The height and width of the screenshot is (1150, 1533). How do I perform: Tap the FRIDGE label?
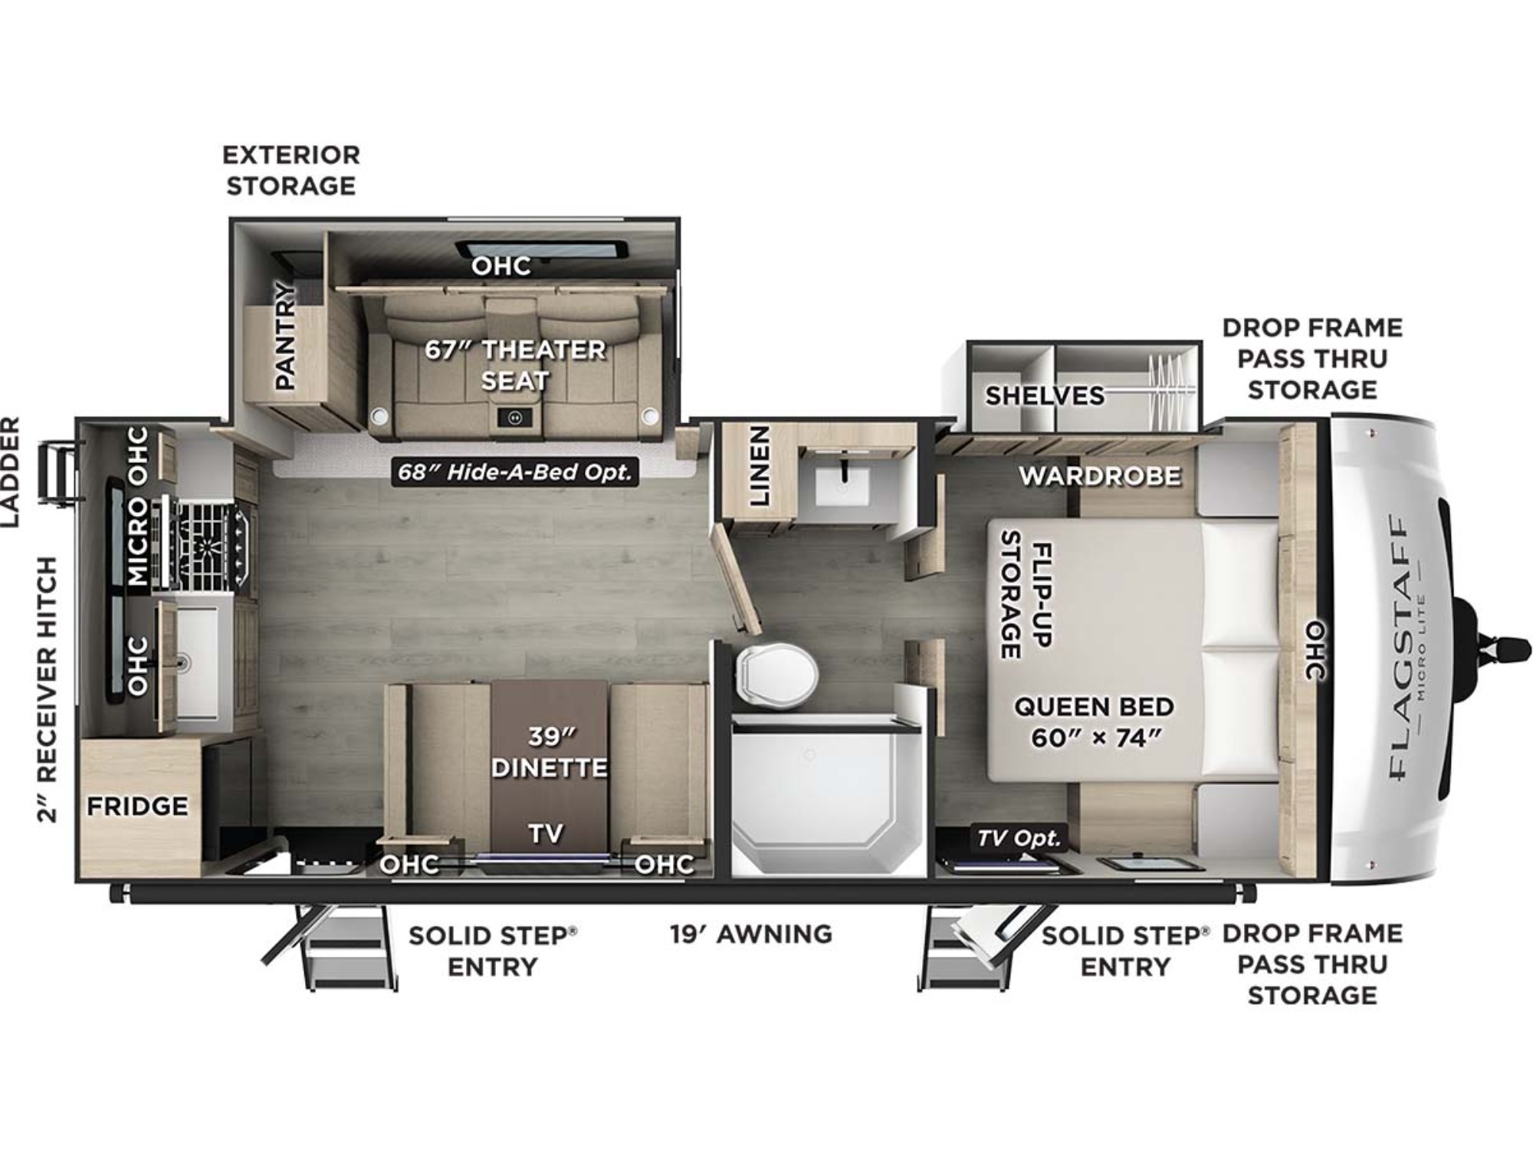pyautogui.click(x=137, y=806)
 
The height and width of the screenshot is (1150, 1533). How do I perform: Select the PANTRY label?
pyautogui.click(x=284, y=335)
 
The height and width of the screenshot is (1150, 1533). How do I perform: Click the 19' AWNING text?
pyautogui.click(x=751, y=934)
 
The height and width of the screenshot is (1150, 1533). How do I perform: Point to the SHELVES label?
pyautogui.click(x=1045, y=396)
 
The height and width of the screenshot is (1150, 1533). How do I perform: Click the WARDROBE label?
pyautogui.click(x=1100, y=476)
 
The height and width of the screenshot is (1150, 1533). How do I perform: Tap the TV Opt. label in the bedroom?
pyautogui.click(x=1019, y=837)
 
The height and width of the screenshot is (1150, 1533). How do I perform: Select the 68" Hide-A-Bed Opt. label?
pyautogui.click(x=515, y=472)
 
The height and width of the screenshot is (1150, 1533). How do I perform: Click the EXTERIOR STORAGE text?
pyautogui.click(x=291, y=170)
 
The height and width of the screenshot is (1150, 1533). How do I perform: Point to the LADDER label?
pyautogui.click(x=10, y=472)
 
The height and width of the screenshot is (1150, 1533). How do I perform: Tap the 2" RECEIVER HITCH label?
pyautogui.click(x=47, y=689)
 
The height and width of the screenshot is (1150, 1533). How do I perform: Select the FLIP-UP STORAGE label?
pyautogui.click(x=1027, y=594)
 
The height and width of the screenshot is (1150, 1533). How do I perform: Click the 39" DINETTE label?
pyautogui.click(x=549, y=752)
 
